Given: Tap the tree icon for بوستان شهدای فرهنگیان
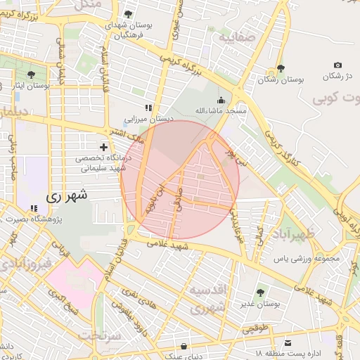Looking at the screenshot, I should pos(129,13).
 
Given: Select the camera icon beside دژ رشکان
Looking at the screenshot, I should pos(337,65).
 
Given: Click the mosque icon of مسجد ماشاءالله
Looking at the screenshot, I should pos(221,100).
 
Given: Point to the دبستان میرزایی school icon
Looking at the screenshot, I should pos(148,108).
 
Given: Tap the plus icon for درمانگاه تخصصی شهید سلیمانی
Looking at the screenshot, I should pos(104,148).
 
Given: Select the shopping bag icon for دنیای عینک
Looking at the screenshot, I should pos(184,346).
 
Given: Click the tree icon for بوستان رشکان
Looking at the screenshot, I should pos(281,68).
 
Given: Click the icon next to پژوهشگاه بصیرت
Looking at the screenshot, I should pos(34,208).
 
